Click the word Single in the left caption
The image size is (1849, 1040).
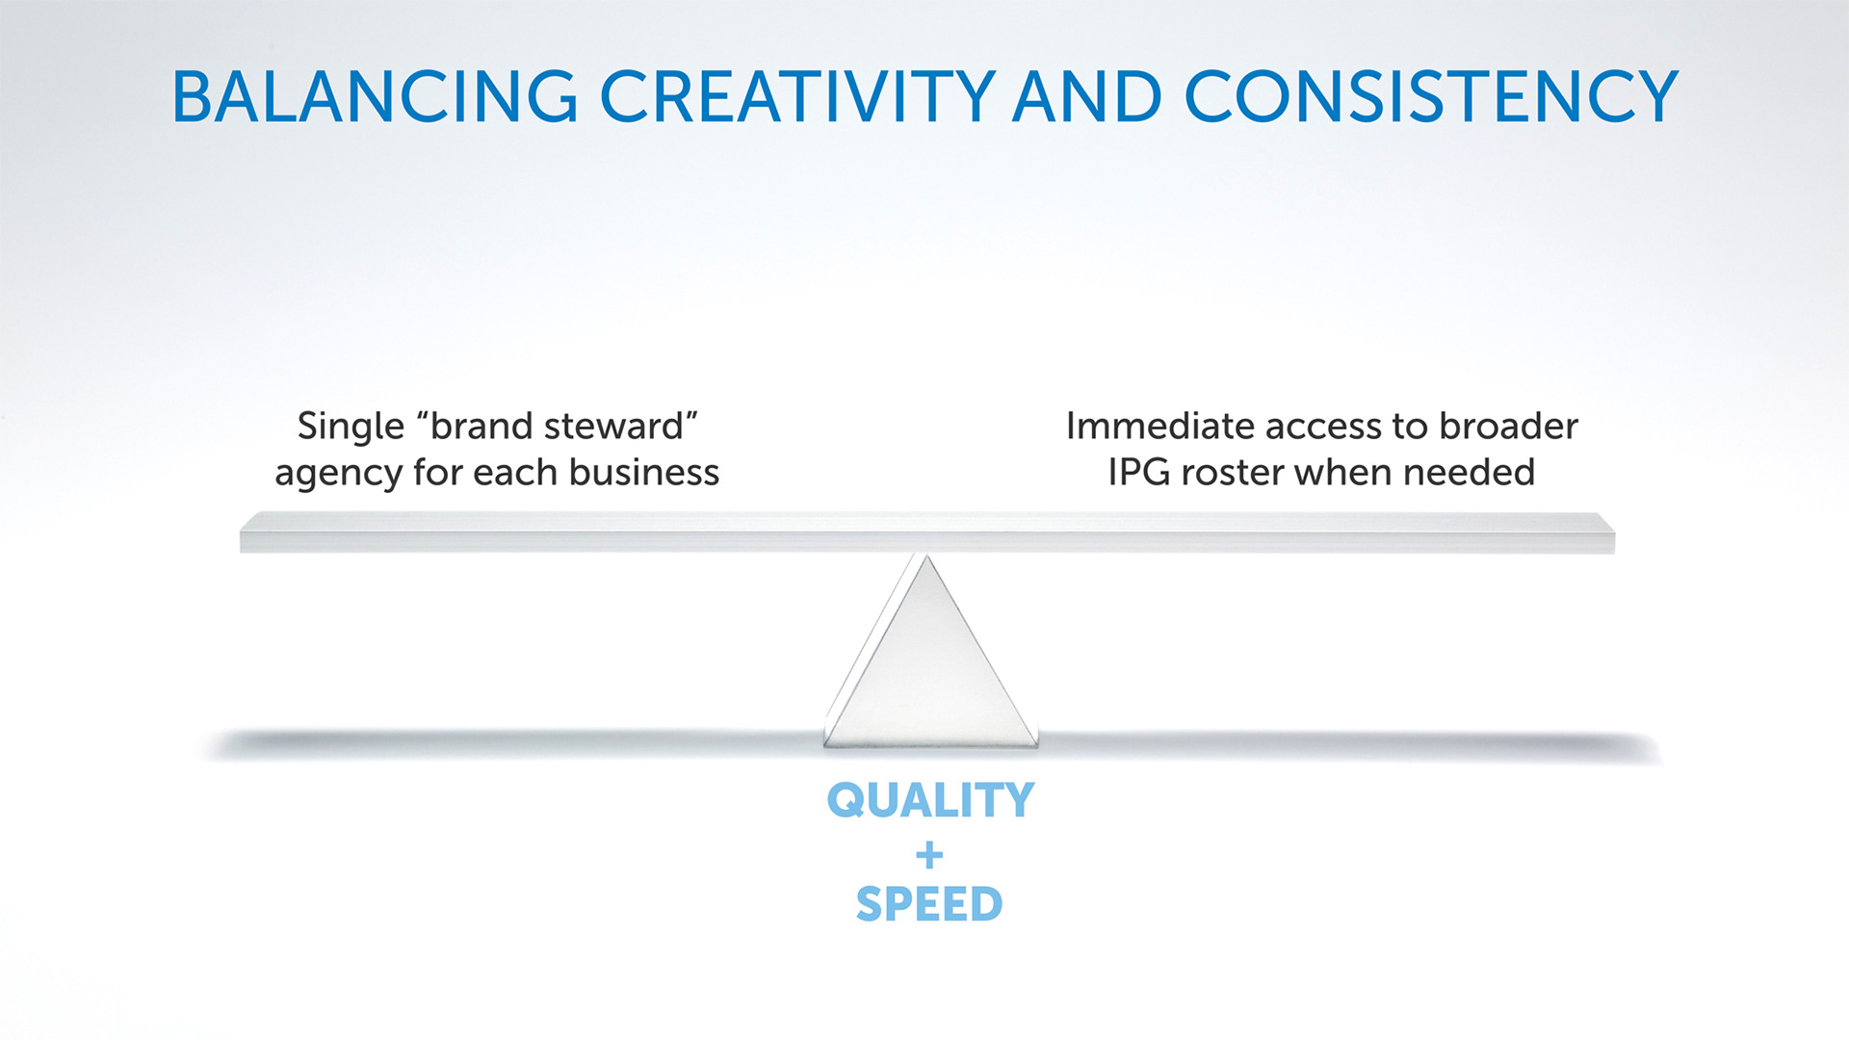[351, 427]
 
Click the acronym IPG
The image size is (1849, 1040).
[1139, 472]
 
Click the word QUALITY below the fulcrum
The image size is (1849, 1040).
[930, 801]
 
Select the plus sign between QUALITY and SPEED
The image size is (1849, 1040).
[929, 854]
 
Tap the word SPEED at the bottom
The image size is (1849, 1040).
[929, 904]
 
